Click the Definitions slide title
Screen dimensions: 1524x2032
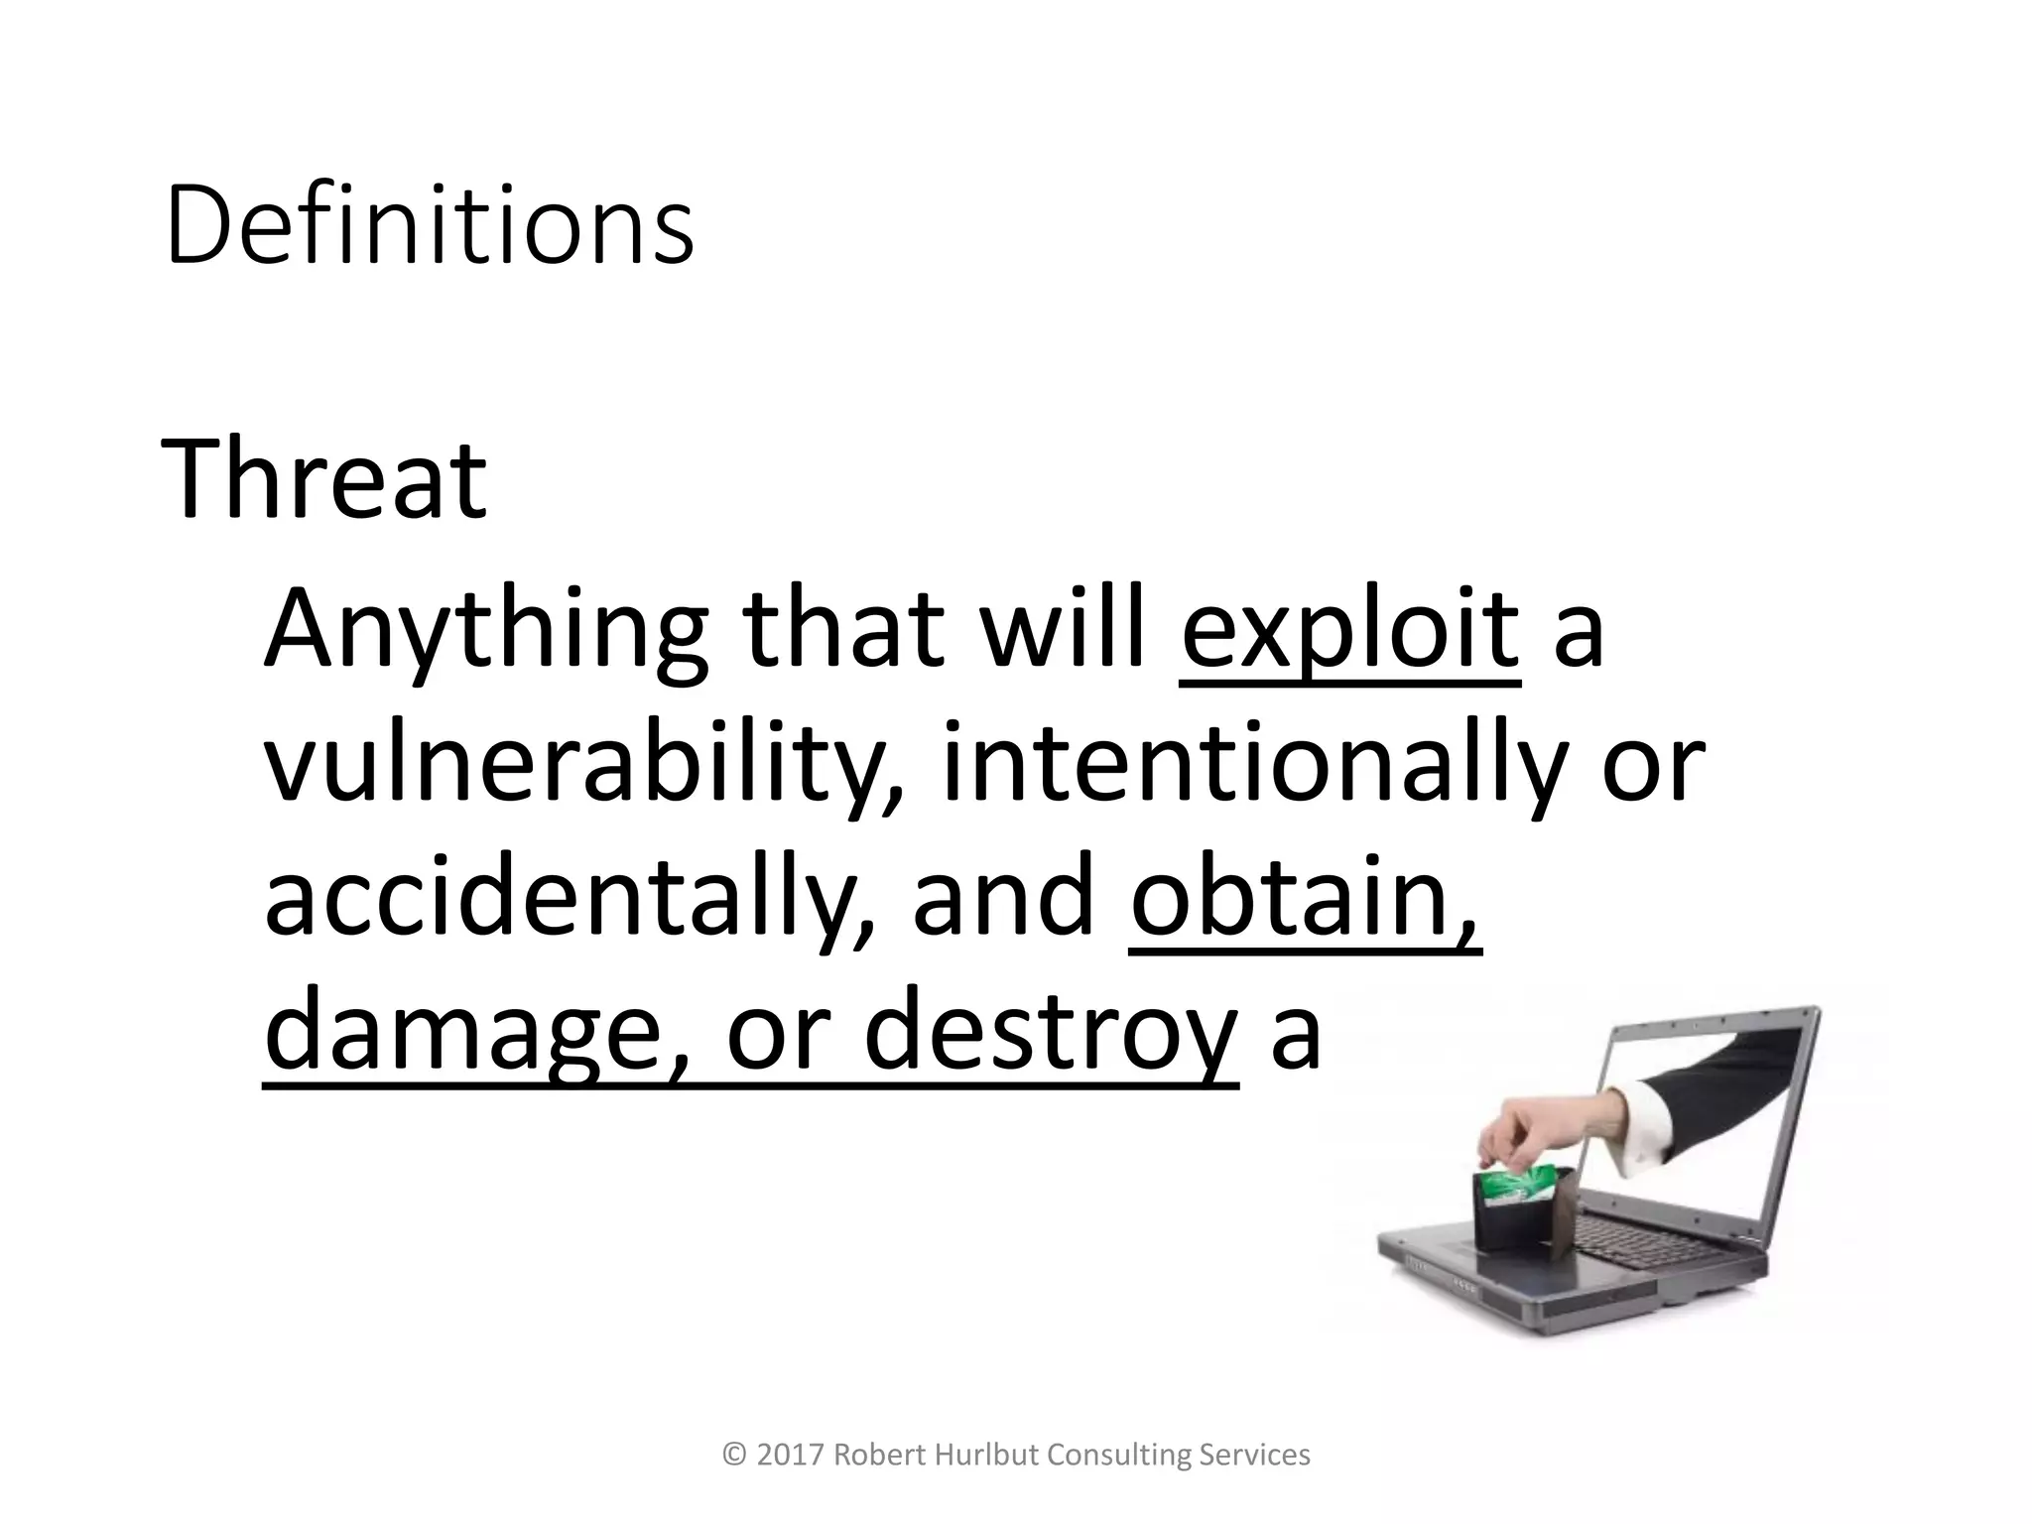(x=429, y=226)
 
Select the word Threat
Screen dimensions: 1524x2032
(x=323, y=481)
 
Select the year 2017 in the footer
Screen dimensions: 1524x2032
(x=791, y=1456)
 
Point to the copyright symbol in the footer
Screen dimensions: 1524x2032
(x=735, y=1456)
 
